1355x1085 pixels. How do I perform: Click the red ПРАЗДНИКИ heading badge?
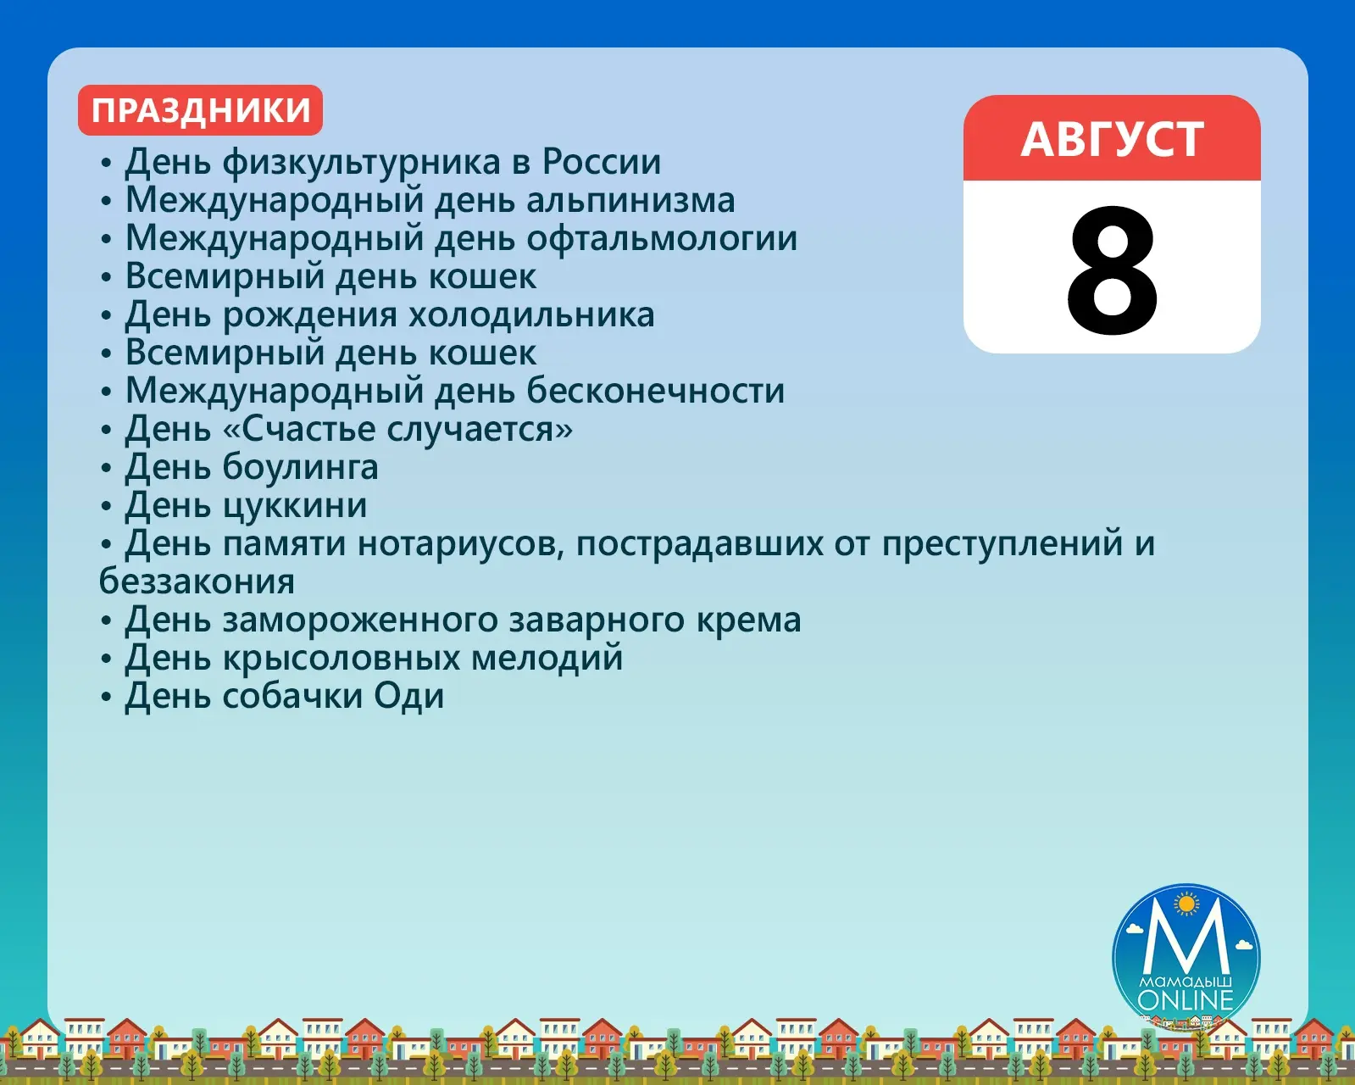200,110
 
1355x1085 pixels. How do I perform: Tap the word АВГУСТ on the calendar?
1112,139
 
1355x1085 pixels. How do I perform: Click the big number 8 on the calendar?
1112,271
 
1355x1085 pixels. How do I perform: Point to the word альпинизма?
631,200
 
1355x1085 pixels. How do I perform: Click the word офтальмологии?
662,238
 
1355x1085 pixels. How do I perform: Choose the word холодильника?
531,315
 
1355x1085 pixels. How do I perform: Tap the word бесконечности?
655,391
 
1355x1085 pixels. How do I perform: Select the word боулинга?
300,468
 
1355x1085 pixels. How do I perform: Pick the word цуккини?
295,506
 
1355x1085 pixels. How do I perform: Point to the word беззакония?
197,581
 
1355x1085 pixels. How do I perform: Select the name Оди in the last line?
408,697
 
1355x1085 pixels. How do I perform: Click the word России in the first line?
602,162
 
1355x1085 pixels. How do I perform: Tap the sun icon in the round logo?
1187,904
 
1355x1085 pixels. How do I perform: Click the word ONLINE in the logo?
1186,1000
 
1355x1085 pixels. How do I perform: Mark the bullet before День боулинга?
107,468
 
